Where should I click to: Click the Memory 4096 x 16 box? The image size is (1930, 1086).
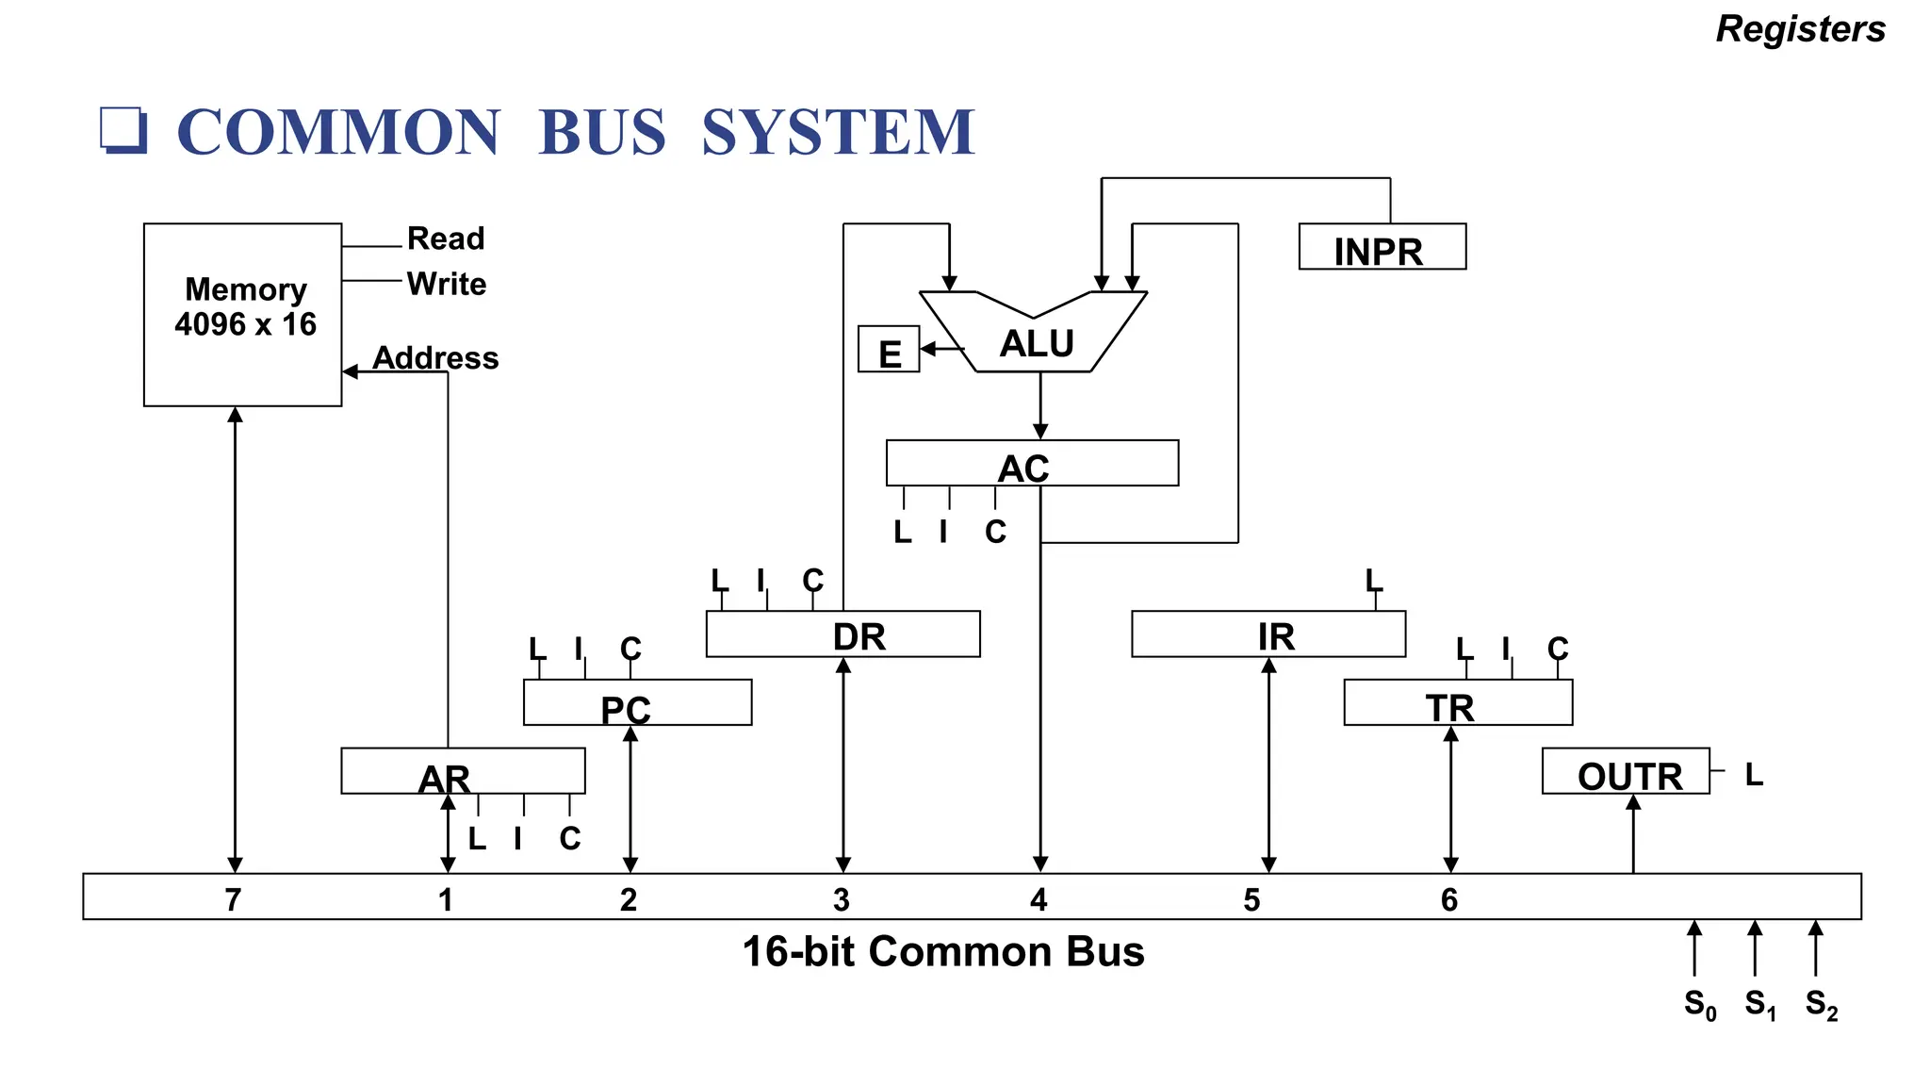[242, 314]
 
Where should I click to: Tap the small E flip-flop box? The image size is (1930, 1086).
[888, 350]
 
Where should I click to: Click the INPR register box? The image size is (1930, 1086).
[1382, 247]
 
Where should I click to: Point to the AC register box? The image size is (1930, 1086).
[1032, 464]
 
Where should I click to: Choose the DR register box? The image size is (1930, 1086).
[842, 634]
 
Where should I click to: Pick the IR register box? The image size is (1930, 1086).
[1268, 634]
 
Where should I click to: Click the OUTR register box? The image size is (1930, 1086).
[1626, 772]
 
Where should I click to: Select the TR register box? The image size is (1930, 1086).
[1458, 703]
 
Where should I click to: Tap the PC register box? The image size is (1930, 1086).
[637, 703]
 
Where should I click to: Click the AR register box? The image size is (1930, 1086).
[463, 772]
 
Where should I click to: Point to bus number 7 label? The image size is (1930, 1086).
[233, 899]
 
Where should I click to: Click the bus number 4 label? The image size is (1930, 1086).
[1039, 899]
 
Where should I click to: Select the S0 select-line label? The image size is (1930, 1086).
[1699, 1004]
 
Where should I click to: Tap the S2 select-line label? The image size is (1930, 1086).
[1821, 1004]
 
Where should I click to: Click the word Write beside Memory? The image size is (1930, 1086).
[446, 284]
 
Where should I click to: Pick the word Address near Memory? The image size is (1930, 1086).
[435, 358]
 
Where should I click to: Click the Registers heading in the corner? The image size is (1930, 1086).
[1800, 29]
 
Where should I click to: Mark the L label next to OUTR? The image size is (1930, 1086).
[1754, 775]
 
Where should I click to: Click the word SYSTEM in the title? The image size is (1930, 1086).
[838, 132]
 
